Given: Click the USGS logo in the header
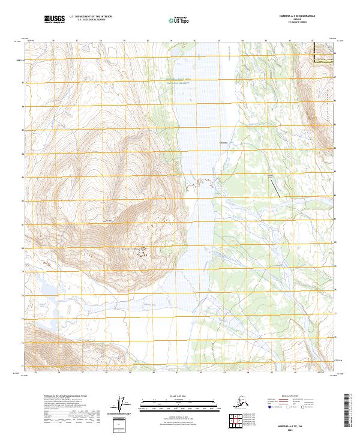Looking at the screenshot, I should tap(55, 19).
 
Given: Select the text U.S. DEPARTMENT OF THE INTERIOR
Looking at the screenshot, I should tap(92, 17).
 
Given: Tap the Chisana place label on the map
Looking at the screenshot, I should tap(225, 142).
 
